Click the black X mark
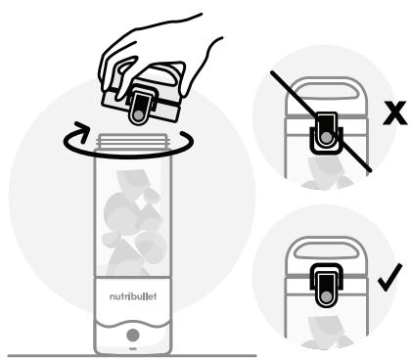coord(395,112)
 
